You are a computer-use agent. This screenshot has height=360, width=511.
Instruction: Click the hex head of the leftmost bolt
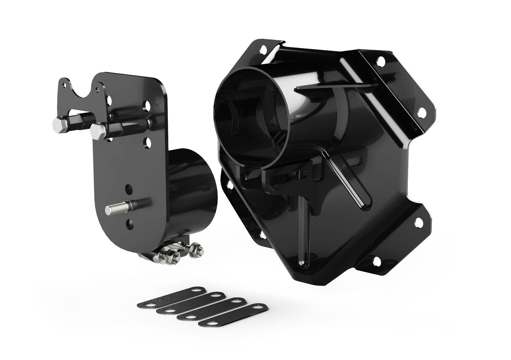[x=60, y=124]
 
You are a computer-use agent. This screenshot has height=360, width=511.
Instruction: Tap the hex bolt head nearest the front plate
[x=98, y=132]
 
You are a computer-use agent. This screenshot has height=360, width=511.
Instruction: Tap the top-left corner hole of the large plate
[x=263, y=50]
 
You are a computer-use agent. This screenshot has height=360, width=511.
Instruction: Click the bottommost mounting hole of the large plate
[x=376, y=262]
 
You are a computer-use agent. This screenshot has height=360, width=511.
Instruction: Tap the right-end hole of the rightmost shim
[x=259, y=307]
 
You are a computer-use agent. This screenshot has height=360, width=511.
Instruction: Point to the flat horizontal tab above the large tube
[x=333, y=87]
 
